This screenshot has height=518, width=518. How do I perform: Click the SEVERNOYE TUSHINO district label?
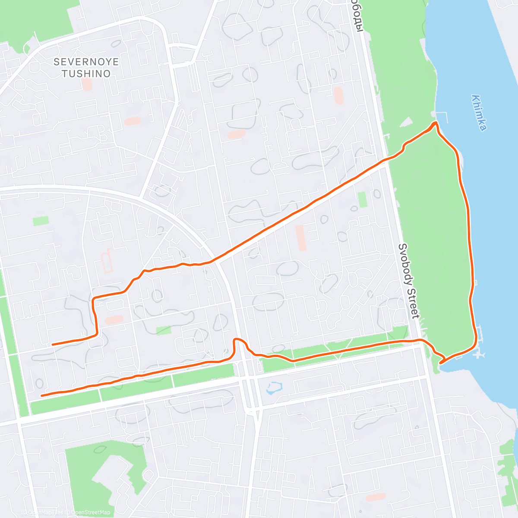pos(86,68)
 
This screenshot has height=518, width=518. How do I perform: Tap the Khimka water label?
pos(479,113)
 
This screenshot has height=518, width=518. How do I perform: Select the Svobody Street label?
pos(408,281)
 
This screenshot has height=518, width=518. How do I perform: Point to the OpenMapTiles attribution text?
pos(43,512)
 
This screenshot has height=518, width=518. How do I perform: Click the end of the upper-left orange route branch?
pos(53,344)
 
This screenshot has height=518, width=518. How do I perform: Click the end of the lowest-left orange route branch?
pos(41,395)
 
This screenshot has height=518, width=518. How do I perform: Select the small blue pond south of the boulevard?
pos(274,388)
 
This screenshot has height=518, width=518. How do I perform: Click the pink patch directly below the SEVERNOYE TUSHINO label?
pos(87,84)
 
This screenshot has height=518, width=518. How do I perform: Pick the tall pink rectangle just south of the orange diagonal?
pos(300,237)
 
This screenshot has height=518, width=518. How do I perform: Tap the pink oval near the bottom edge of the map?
pos(376,497)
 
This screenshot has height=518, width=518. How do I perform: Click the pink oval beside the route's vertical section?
pos(114,320)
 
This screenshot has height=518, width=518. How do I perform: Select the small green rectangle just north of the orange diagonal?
pos(362,199)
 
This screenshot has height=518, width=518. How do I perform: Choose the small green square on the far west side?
pos(41,221)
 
